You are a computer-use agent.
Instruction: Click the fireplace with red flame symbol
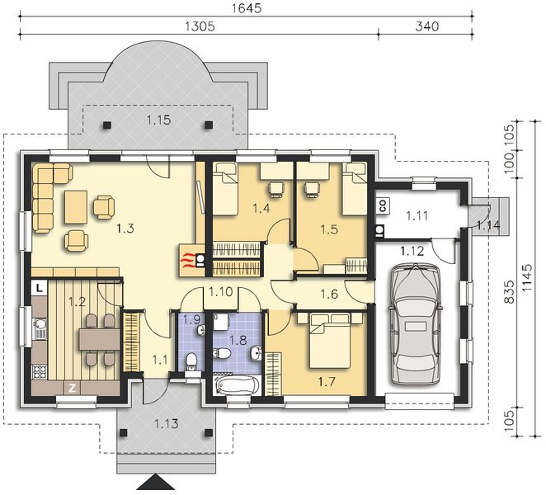[190, 260]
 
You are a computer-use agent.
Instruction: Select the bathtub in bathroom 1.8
[233, 386]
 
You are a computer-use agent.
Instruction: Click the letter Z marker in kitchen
[72, 388]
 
